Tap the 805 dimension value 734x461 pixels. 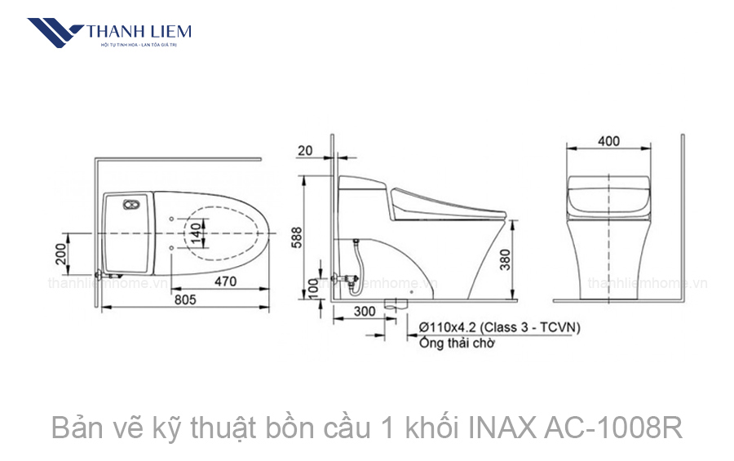click(x=185, y=299)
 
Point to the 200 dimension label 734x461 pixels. click(x=60, y=256)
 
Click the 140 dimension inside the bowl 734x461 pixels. click(x=194, y=235)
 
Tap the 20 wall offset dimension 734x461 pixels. click(x=305, y=149)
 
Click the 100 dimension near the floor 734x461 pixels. click(x=312, y=287)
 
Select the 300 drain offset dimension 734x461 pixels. click(x=365, y=311)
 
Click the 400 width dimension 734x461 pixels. click(x=608, y=141)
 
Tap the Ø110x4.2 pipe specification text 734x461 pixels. click(x=499, y=327)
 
